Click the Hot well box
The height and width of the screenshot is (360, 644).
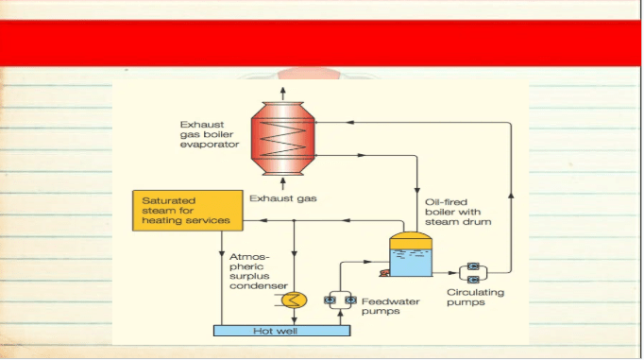point(281,331)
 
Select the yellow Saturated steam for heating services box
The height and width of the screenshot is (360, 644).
point(188,211)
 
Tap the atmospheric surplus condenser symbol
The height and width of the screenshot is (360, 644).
point(294,300)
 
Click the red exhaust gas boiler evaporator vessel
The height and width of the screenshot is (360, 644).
point(283,139)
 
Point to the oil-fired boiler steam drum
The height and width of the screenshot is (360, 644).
point(411,254)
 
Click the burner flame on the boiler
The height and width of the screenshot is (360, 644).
point(384,273)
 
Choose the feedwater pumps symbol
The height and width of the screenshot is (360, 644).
point(340,300)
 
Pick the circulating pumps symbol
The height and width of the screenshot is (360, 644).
point(473,273)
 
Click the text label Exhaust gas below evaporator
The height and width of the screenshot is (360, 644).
point(283,198)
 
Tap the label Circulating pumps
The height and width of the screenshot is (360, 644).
point(475,297)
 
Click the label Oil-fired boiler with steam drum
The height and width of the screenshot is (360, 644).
point(458,212)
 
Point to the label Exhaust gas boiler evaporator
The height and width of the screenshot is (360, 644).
point(210,134)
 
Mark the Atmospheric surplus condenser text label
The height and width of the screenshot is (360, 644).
point(259,271)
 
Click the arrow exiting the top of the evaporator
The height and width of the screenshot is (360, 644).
point(282,94)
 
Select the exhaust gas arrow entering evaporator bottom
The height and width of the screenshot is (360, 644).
point(282,183)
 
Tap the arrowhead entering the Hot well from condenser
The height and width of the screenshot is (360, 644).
point(294,321)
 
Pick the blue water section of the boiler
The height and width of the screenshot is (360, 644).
point(411,263)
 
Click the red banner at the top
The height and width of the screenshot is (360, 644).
point(320,43)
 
